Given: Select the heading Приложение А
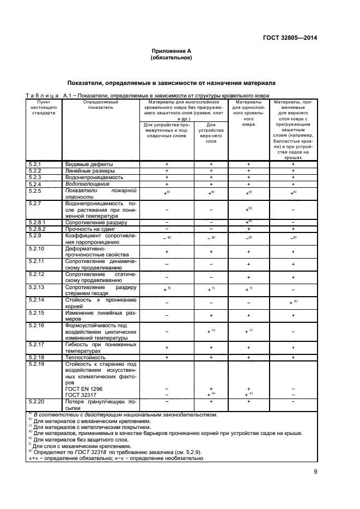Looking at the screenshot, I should tap(171, 51).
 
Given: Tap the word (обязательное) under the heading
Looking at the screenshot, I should tap(171, 57).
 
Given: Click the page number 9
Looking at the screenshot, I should tap(315, 471).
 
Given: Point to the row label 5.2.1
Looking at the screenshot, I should tap(35, 164).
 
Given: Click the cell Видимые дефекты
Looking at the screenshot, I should tap(89, 164).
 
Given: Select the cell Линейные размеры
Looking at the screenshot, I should tap(89, 170).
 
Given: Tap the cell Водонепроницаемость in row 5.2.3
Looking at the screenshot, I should tap(94, 177).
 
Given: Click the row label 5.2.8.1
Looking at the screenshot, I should tap(38, 222).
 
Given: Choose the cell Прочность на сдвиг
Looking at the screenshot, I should tap(91, 229).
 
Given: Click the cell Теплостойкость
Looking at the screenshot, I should tap(86, 357).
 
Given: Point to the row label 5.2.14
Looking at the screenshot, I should tap(37, 299).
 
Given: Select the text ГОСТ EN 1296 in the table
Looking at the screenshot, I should tap(84, 389).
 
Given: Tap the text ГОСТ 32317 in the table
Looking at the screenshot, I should tap(81, 394).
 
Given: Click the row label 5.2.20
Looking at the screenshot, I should tap(37, 401).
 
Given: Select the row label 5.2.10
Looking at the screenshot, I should tap(37, 248).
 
